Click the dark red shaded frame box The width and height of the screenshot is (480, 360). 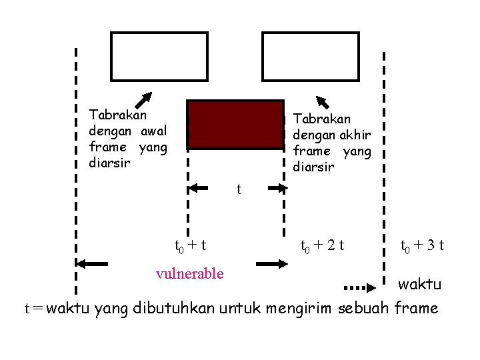tap(235, 124)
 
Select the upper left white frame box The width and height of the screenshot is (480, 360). tap(159, 57)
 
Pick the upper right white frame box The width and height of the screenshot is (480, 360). tap(311, 57)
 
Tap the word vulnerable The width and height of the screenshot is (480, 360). tap(189, 273)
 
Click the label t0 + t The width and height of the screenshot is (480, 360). tap(189, 245)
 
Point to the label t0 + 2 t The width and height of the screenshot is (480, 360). tap(322, 245)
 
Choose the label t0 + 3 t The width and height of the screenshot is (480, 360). tap(422, 245)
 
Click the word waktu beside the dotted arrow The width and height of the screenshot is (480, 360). tap(419, 285)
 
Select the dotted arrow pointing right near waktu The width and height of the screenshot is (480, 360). tap(361, 288)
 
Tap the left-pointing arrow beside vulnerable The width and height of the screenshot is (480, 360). tap(92, 264)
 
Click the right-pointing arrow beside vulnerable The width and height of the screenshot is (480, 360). tap(272, 264)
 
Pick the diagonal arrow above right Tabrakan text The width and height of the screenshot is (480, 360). tap(323, 102)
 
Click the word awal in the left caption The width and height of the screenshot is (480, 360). tap(154, 131)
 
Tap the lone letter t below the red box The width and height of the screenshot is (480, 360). tap(239, 189)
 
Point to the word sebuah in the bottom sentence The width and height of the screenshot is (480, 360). tap(365, 308)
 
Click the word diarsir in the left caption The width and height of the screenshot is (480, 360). tap(108, 163)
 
